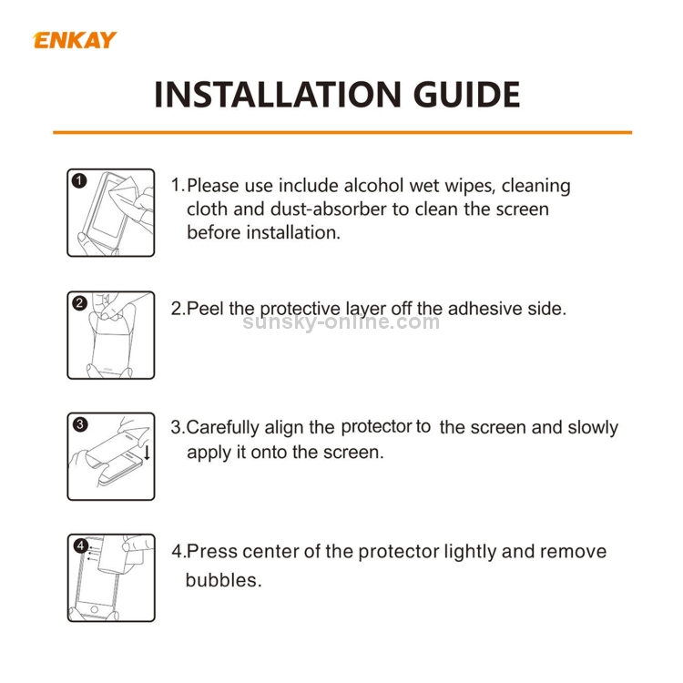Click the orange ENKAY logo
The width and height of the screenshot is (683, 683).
click(75, 40)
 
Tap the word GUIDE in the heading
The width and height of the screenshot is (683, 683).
click(466, 95)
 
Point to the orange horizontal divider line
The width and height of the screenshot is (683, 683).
click(342, 132)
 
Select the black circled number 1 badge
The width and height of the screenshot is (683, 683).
click(79, 181)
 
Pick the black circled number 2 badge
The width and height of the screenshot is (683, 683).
click(79, 303)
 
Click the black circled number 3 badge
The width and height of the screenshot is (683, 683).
click(80, 424)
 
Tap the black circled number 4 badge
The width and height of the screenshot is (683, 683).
click(80, 545)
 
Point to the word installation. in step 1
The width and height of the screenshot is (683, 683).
click(293, 232)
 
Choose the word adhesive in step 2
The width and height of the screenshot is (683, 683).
click(484, 309)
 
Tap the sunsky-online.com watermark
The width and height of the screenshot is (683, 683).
click(341, 322)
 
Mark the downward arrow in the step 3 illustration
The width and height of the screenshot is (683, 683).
click(147, 452)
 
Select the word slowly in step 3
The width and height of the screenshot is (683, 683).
click(593, 428)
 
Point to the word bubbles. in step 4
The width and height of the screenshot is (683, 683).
click(223, 580)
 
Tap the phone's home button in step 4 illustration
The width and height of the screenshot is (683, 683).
click(94, 608)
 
